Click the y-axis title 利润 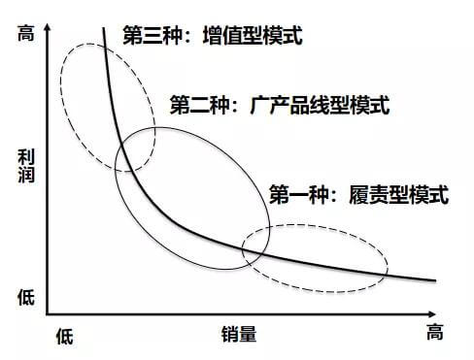(x=26, y=166)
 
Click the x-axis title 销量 (x=239, y=334)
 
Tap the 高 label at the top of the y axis (x=26, y=33)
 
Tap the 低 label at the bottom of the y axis (x=26, y=298)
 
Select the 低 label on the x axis (x=64, y=337)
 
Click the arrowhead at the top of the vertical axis (x=48, y=26)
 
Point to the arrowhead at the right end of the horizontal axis (x=432, y=314)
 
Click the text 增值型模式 (x=253, y=35)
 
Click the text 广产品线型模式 (x=320, y=105)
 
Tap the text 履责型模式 (x=398, y=195)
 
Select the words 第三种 (x=152, y=35)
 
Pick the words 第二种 (x=200, y=105)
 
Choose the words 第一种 (x=299, y=195)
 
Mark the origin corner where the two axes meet (x=48, y=314)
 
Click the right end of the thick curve (x=436, y=280)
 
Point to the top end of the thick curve (x=104, y=28)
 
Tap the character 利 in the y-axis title (x=26, y=157)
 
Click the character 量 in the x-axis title (x=248, y=334)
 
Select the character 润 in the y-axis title (x=26, y=175)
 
